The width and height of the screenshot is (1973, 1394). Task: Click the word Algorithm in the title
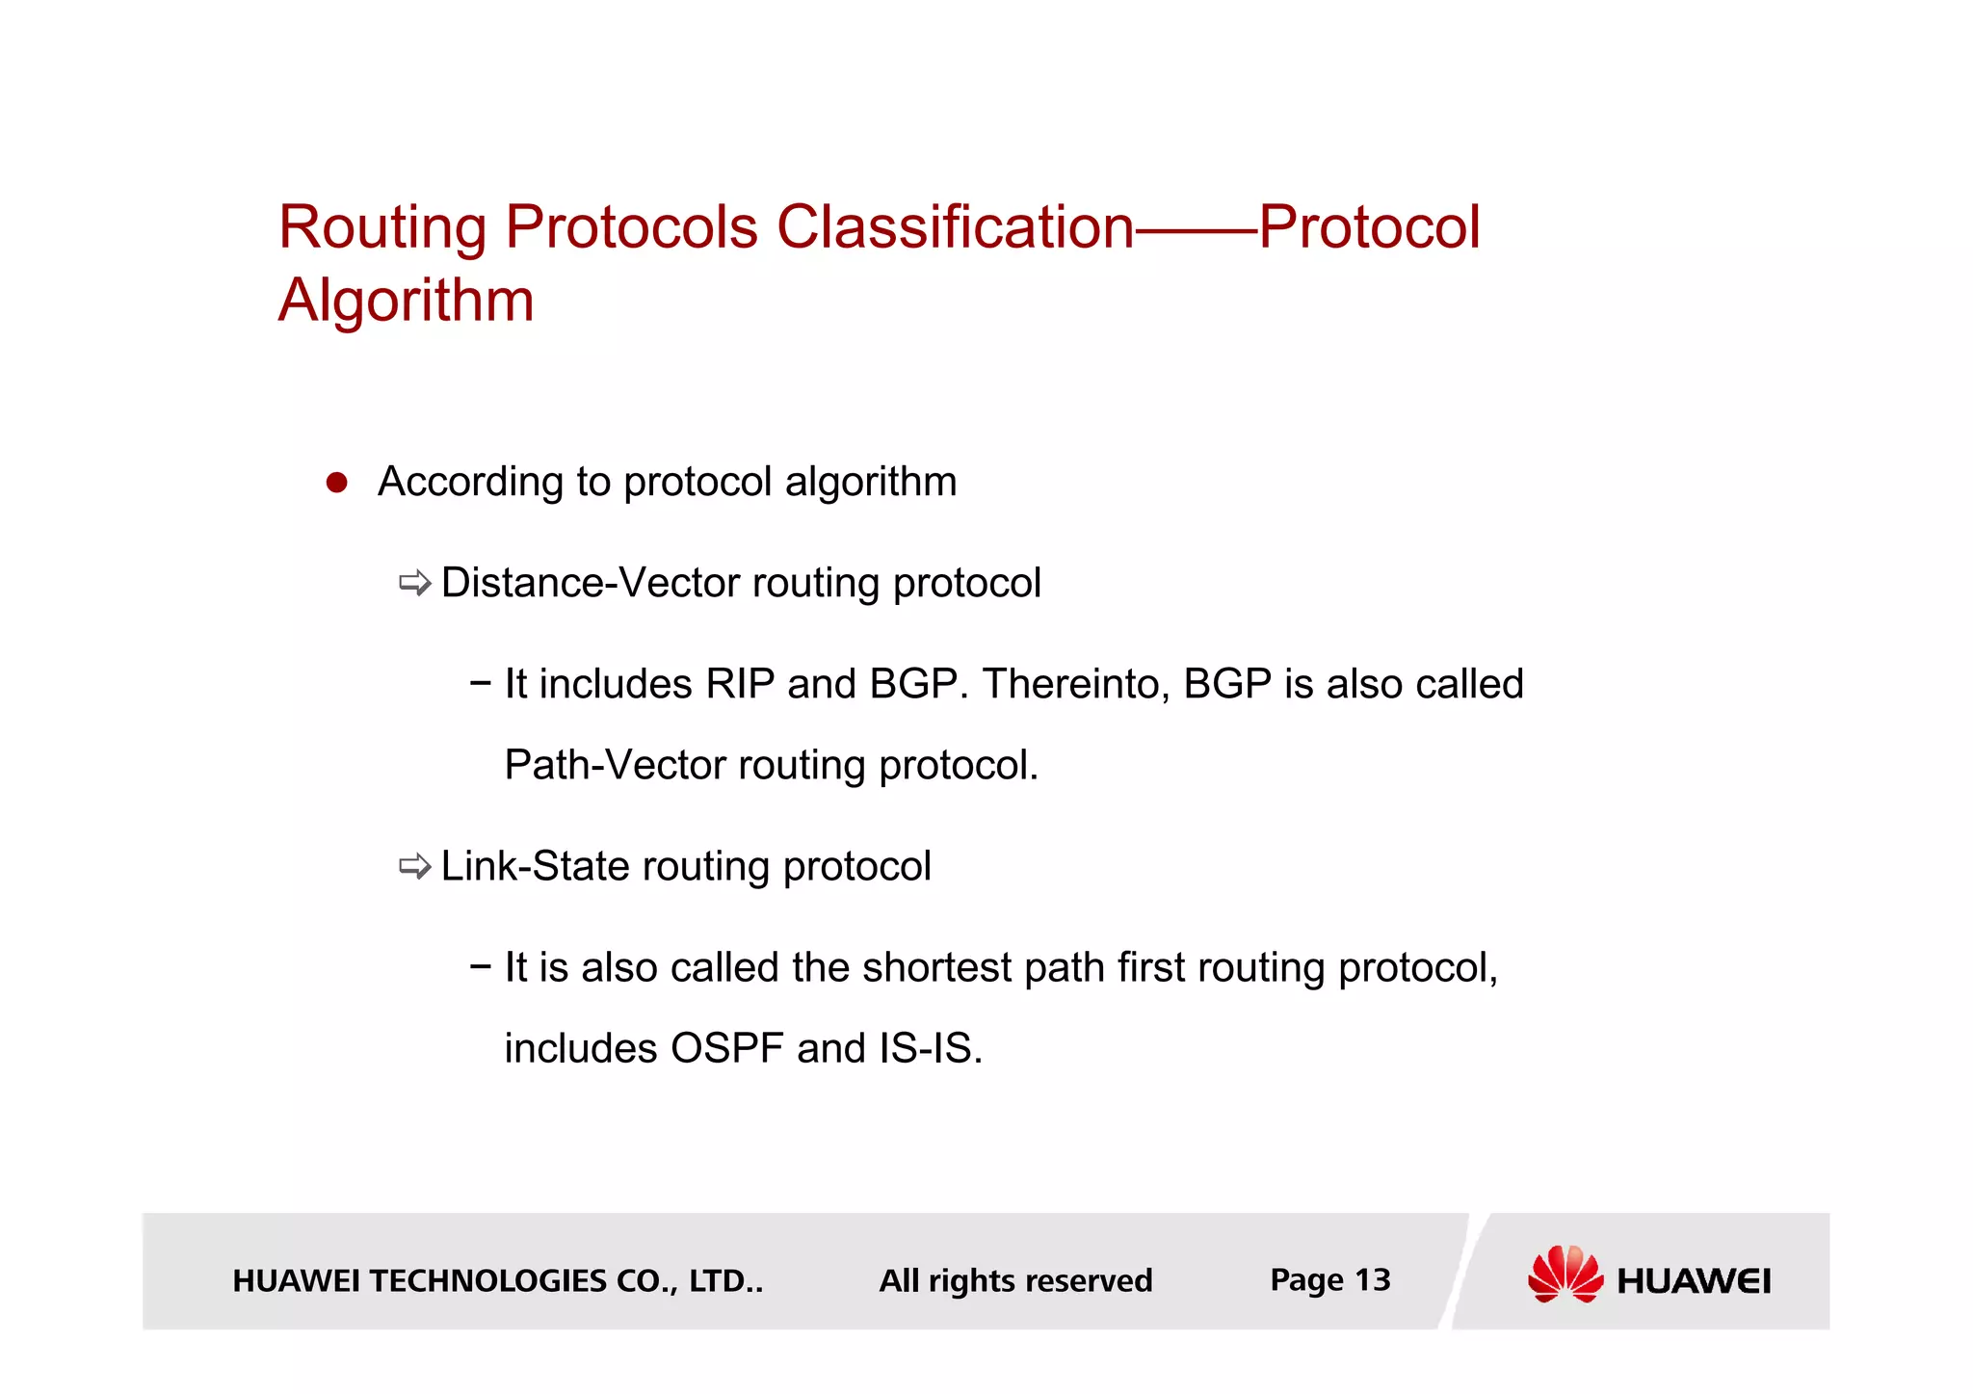tap(406, 301)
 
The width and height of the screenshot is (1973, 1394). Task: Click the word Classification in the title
tap(955, 227)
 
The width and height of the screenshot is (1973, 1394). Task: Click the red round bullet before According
tap(336, 483)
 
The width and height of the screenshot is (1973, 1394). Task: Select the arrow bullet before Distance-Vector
tap(415, 583)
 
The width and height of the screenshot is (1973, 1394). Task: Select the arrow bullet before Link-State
tap(415, 866)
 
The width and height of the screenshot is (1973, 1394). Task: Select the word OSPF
tap(726, 1048)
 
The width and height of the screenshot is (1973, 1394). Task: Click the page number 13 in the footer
tap(1373, 1280)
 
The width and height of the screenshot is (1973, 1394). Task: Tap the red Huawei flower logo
tap(1565, 1274)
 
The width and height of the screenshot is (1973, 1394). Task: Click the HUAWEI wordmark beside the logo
tap(1694, 1281)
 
